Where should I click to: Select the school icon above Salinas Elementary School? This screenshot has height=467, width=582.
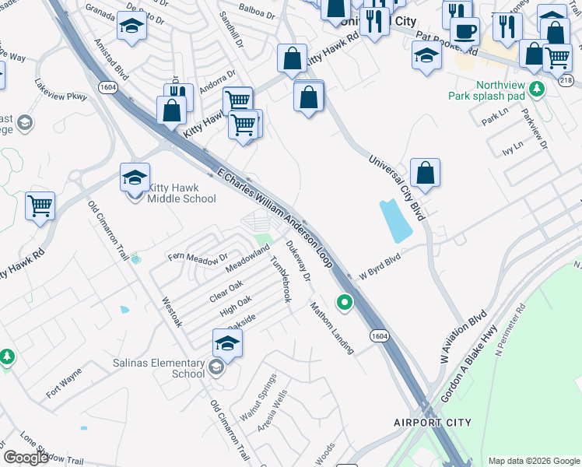227,342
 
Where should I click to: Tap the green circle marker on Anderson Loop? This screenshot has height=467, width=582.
343,301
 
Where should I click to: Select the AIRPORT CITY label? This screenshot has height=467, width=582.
432,423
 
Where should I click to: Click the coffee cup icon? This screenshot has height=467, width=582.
465,32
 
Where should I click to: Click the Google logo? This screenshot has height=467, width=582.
26,457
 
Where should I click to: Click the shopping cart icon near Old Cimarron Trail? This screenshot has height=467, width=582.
40,206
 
